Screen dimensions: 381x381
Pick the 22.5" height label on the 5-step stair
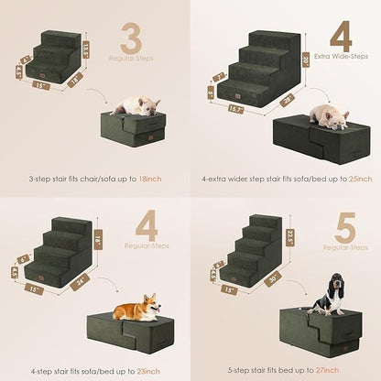coord(290,237)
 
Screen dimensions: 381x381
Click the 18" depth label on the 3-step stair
coord(75,81)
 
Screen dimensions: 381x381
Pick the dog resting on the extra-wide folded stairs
coord(327,114)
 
